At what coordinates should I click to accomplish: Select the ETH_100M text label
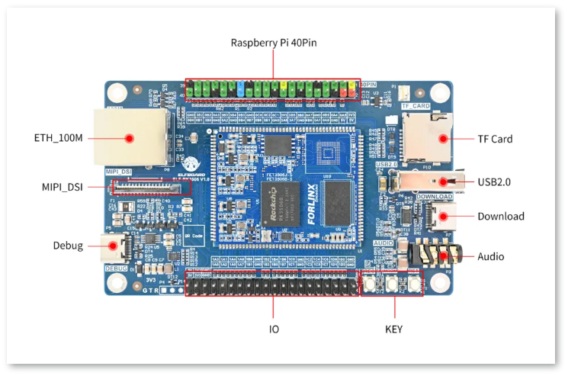tap(58, 139)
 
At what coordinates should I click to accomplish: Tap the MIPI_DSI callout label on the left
tap(62, 187)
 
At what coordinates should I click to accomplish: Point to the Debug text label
tap(68, 246)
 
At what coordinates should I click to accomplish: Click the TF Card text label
tap(495, 139)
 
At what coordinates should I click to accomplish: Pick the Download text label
tap(501, 217)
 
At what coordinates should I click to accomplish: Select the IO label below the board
tap(273, 329)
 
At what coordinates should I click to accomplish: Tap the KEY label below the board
tap(394, 329)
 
